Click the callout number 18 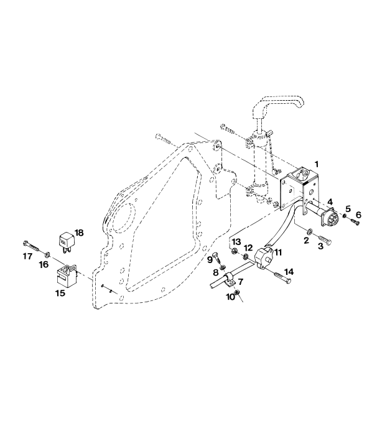79,233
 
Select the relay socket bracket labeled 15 67,276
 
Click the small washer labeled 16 47,254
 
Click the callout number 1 316,164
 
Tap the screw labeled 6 353,221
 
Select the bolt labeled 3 324,239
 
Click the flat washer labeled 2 309,232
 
